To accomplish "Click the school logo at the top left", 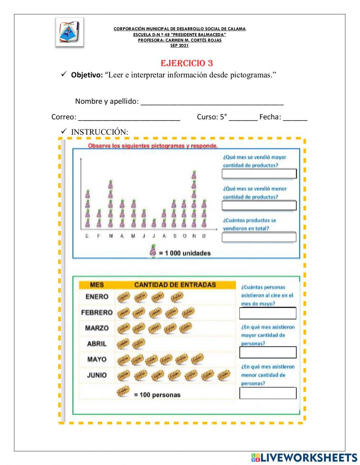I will [x=69, y=32].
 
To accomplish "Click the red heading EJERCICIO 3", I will [x=186, y=63].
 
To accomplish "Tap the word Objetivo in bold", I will [x=87, y=75].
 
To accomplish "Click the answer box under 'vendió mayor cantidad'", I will [x=259, y=174].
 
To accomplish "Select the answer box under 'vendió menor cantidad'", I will [x=259, y=205].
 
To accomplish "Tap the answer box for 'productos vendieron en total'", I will [x=259, y=237].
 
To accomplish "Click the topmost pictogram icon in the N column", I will [x=194, y=175].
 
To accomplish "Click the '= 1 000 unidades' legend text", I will [x=184, y=253].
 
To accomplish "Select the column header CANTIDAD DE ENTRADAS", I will [x=175, y=285].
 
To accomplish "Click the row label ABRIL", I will [x=97, y=344].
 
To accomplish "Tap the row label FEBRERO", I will [x=97, y=312].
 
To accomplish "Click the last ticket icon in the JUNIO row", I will [x=224, y=375].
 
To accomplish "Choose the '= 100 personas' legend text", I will [x=157, y=395].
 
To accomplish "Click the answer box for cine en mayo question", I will [x=267, y=313].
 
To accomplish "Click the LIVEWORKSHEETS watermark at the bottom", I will [x=304, y=457].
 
